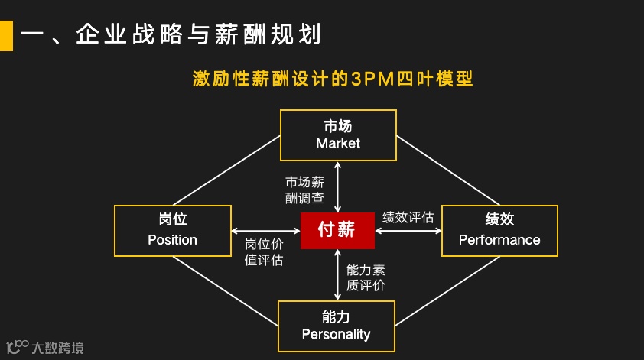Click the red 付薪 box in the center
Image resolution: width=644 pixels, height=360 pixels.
click(x=337, y=230)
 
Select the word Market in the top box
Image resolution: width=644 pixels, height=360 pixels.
click(x=338, y=144)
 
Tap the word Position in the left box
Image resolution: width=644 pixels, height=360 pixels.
click(x=172, y=240)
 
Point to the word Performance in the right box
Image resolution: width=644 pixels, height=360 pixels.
click(x=499, y=240)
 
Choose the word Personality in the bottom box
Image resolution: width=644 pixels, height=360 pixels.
click(x=336, y=334)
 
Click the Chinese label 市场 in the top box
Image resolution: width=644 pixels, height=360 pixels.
click(x=338, y=125)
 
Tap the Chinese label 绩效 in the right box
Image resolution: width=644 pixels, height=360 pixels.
click(x=499, y=220)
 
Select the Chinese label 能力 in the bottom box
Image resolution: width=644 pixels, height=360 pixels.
click(x=336, y=316)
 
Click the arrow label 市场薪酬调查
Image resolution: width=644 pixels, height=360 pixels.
click(x=304, y=190)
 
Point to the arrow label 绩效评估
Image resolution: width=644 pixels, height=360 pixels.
click(x=408, y=217)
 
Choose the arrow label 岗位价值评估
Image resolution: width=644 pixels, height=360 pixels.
click(x=264, y=252)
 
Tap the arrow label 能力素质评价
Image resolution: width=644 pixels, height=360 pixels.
click(x=366, y=277)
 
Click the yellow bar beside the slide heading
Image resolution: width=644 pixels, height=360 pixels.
click(x=6, y=35)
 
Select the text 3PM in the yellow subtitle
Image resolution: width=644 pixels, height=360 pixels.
click(x=373, y=79)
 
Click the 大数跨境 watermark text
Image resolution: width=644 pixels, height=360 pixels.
click(x=58, y=349)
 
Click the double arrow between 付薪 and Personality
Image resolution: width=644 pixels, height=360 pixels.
click(x=337, y=274)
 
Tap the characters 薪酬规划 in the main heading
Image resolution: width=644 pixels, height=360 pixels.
click(x=278, y=35)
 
